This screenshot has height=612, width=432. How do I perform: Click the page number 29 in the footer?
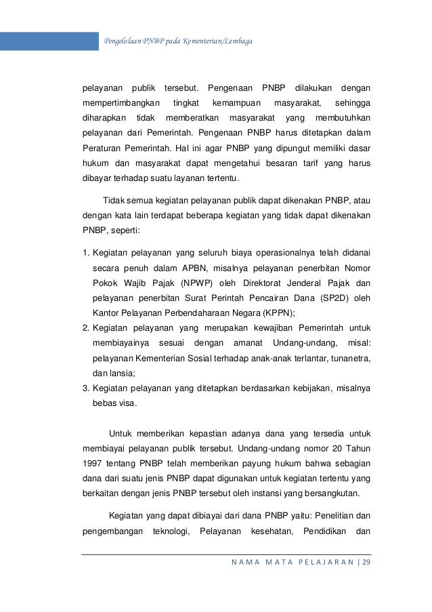click(x=367, y=563)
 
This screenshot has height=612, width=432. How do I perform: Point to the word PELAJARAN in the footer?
click(x=330, y=563)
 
